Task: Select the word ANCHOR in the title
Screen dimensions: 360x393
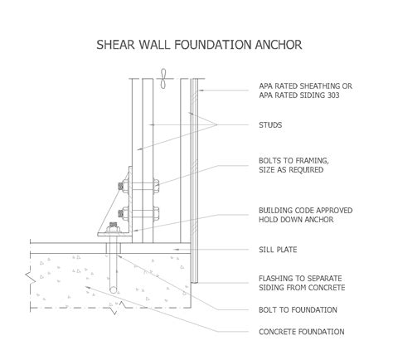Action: tap(278, 41)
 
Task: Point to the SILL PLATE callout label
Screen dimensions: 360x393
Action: tap(278, 249)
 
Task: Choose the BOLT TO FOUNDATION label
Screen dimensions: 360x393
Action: tap(298, 309)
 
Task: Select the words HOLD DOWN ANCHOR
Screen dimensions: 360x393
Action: tap(294, 221)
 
